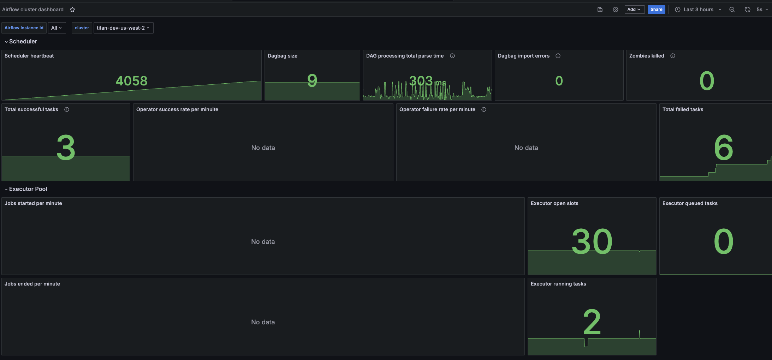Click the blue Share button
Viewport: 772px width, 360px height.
point(656,10)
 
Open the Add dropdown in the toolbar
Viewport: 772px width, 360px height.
point(634,10)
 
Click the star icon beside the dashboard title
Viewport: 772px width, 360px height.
point(72,10)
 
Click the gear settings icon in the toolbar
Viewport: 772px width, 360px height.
point(616,10)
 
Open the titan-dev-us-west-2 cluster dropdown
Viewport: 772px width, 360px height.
point(123,28)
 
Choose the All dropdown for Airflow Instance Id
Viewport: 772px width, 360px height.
point(57,28)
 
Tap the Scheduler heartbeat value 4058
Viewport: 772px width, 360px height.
point(131,81)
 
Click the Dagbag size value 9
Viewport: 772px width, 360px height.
point(312,81)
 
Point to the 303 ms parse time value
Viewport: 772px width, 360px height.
point(427,81)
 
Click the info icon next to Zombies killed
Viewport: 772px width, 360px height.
point(673,56)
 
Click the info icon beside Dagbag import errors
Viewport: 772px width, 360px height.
point(558,56)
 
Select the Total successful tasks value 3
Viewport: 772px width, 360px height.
point(66,148)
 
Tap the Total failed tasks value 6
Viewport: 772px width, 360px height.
point(724,148)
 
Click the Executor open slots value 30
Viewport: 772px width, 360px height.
point(592,241)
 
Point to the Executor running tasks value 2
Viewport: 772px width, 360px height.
point(592,322)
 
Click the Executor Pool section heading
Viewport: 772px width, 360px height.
point(28,189)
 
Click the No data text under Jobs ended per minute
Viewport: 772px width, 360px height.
point(263,322)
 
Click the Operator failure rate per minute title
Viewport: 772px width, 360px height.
point(437,109)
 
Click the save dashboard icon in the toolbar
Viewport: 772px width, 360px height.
point(600,10)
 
